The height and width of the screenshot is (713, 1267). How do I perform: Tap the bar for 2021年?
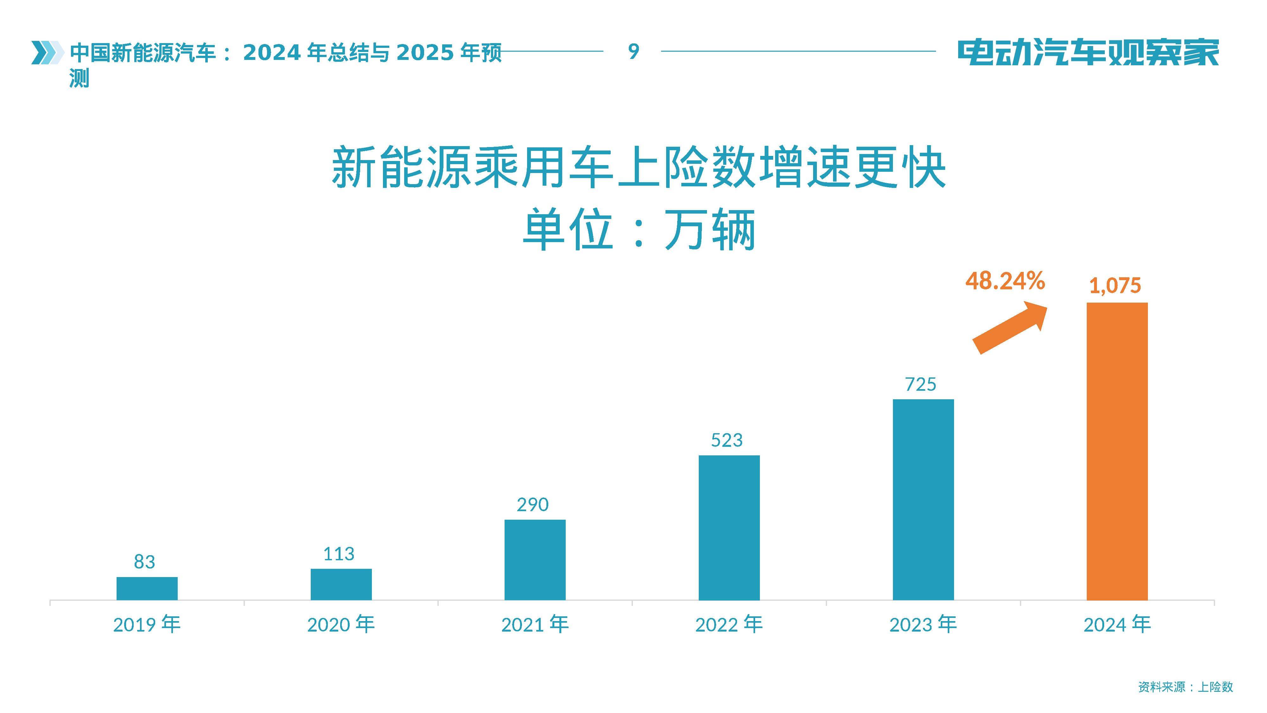tap(535, 560)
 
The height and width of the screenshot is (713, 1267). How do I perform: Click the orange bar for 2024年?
tap(1117, 451)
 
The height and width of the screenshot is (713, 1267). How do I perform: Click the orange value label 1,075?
tap(1115, 286)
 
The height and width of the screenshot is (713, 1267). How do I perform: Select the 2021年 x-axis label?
tap(535, 624)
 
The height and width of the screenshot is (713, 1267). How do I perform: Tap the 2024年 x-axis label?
tap(1117, 624)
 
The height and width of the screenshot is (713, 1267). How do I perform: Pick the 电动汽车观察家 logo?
tap(1088, 52)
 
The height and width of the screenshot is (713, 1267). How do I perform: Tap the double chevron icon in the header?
tap(47, 52)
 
